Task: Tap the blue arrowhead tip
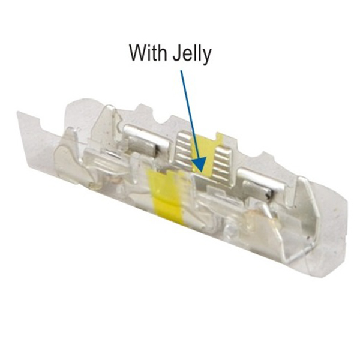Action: (202, 172)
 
